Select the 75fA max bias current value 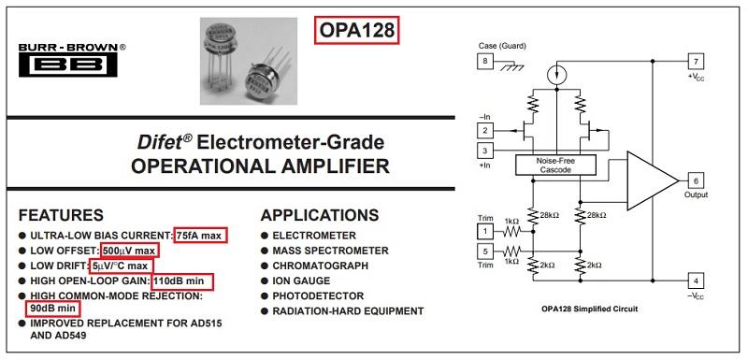pyautogui.click(x=201, y=235)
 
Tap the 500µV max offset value pyautogui.click(x=130, y=251)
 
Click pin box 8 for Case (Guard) pyautogui.click(x=484, y=61)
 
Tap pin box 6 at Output pyautogui.click(x=696, y=180)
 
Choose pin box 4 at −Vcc pyautogui.click(x=696, y=281)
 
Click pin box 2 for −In pyautogui.click(x=484, y=128)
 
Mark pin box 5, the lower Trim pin pyautogui.click(x=484, y=251)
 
